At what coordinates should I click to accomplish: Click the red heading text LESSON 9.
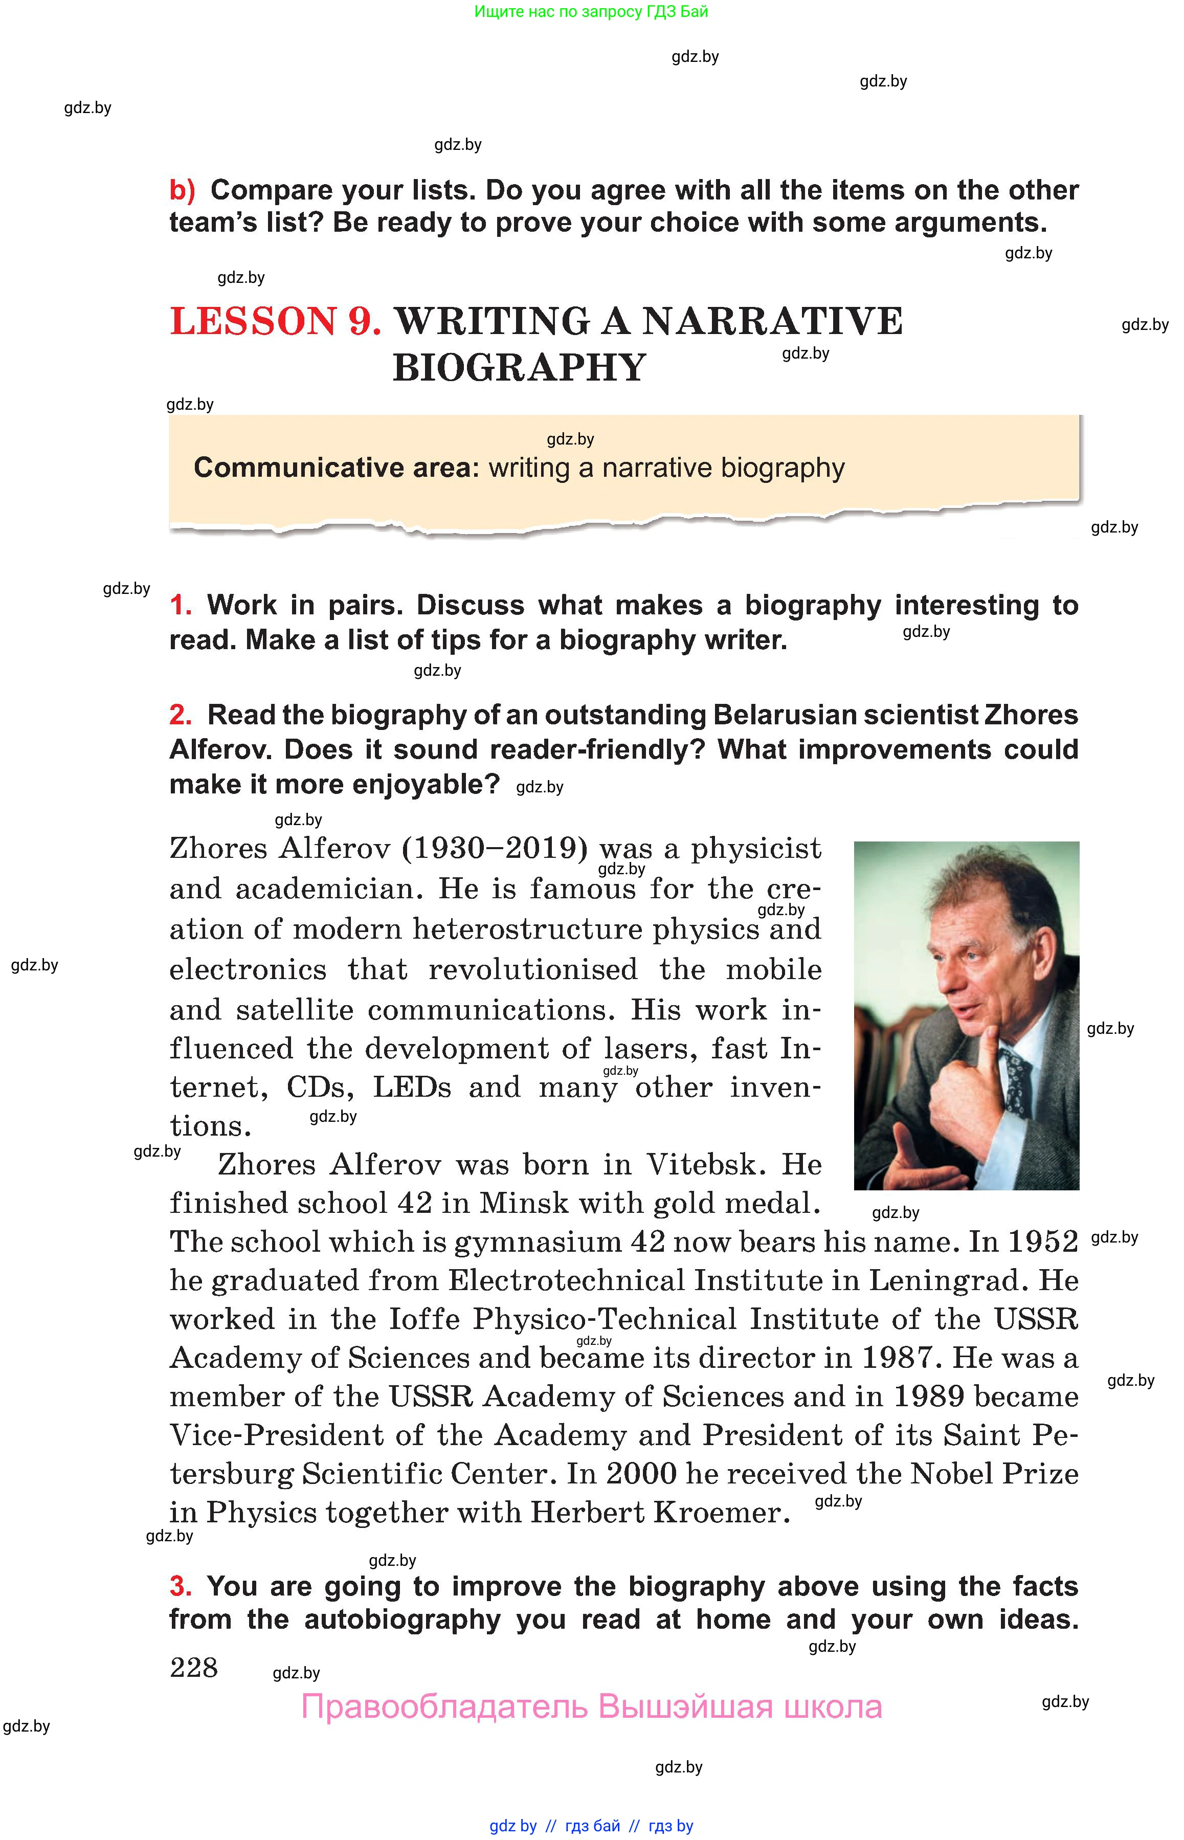[275, 321]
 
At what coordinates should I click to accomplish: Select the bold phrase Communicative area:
[336, 468]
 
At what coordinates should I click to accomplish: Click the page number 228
[194, 1667]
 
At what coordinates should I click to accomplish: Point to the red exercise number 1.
[181, 605]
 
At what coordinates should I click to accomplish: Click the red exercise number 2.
[181, 715]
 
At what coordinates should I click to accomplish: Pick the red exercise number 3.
[181, 1586]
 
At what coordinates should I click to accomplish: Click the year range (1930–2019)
[495, 849]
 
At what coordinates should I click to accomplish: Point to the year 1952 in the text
[1042, 1242]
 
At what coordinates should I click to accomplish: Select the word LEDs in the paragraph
[412, 1087]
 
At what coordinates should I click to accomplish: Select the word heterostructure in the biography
[527, 929]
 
